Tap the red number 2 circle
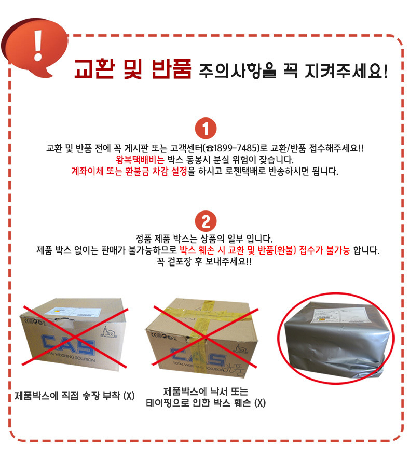(x=206, y=221)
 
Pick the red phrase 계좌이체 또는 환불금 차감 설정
(x=129, y=171)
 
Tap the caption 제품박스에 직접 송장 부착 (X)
(x=75, y=397)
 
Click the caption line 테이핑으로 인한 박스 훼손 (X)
(x=206, y=403)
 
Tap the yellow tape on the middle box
(x=208, y=316)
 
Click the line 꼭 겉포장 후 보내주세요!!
(x=205, y=262)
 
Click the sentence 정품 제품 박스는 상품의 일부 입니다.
(x=205, y=240)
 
